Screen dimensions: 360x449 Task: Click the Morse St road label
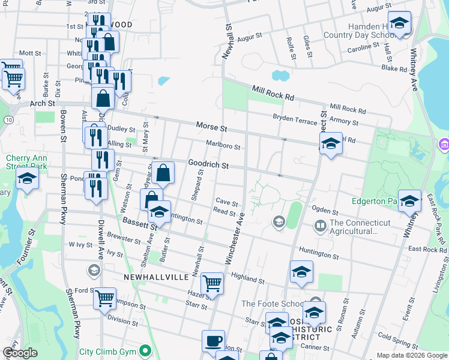coord(211,127)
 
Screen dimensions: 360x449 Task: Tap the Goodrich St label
coord(209,164)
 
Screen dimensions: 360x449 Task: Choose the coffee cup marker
coord(213,341)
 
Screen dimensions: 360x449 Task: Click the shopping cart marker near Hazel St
coord(212,283)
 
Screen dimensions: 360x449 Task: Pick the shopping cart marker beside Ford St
coord(104,298)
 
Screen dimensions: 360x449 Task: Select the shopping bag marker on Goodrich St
coord(163,173)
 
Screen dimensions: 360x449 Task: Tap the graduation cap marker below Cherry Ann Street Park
coord(27,180)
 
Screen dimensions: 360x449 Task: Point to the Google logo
coord(20,353)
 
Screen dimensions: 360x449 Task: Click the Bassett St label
coord(139,223)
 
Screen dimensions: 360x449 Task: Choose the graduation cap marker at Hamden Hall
coord(399,23)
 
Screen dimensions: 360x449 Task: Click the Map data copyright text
coord(411,355)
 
